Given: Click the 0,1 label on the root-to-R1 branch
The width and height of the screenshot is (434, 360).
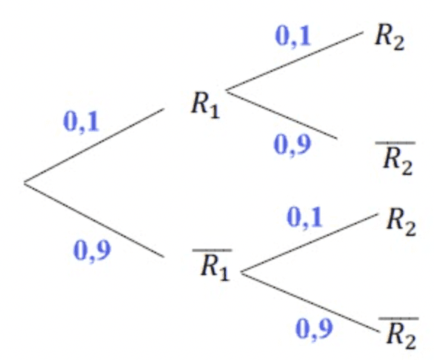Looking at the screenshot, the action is click(x=81, y=122).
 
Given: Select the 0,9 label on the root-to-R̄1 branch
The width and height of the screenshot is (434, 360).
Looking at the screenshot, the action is click(x=92, y=250).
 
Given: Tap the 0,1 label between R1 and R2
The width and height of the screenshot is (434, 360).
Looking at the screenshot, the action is click(x=293, y=36).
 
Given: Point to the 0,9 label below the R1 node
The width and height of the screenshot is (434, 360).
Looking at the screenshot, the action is click(x=292, y=144).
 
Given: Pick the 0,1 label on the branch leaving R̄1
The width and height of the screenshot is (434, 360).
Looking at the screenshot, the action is click(x=305, y=218).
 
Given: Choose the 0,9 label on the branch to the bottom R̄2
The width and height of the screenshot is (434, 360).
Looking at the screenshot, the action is click(x=314, y=329).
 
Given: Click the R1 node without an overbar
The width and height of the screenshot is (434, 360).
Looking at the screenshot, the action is click(x=205, y=105).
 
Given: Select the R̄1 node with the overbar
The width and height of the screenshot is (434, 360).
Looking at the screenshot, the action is click(x=213, y=265).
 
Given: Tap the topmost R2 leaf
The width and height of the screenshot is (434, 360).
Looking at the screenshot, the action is click(x=390, y=37).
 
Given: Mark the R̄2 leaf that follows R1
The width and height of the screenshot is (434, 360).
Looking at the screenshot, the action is click(x=396, y=158).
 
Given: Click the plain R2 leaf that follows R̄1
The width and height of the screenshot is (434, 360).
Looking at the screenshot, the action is click(x=401, y=222).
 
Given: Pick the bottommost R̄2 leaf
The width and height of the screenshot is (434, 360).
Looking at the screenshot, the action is click(x=399, y=333).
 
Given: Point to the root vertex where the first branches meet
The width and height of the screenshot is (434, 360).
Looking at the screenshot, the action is click(x=25, y=183).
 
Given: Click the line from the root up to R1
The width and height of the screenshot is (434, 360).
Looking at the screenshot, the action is click(x=94, y=146).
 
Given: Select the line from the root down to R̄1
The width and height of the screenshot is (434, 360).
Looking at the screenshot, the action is click(x=94, y=220).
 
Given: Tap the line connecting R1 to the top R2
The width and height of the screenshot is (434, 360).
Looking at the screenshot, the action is click(x=295, y=61).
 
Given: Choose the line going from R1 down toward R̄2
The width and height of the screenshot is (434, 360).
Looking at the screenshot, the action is click(x=282, y=114).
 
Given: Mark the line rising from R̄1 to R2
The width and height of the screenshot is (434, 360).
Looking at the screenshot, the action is click(x=309, y=243).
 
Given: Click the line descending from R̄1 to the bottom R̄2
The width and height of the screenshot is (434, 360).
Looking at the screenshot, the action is click(x=310, y=302).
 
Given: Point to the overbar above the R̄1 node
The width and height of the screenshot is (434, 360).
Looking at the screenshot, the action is click(x=213, y=250).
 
